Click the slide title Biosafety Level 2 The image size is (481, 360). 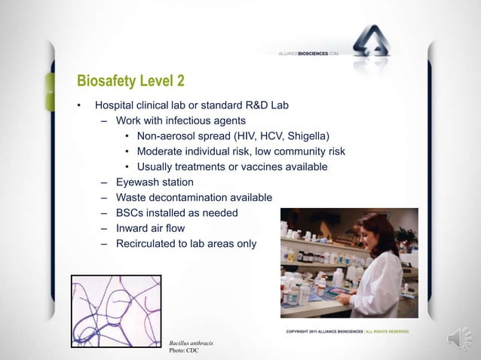(x=130, y=81)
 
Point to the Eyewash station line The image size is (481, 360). (x=155, y=182)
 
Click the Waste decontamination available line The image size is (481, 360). (x=194, y=197)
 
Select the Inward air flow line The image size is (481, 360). (x=150, y=228)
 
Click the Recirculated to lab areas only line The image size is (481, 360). (x=185, y=244)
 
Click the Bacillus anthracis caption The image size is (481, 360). (x=191, y=343)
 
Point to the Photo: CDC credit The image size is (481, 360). (x=185, y=351)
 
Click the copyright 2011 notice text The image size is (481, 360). (x=324, y=331)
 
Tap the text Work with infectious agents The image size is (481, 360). (x=180, y=121)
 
